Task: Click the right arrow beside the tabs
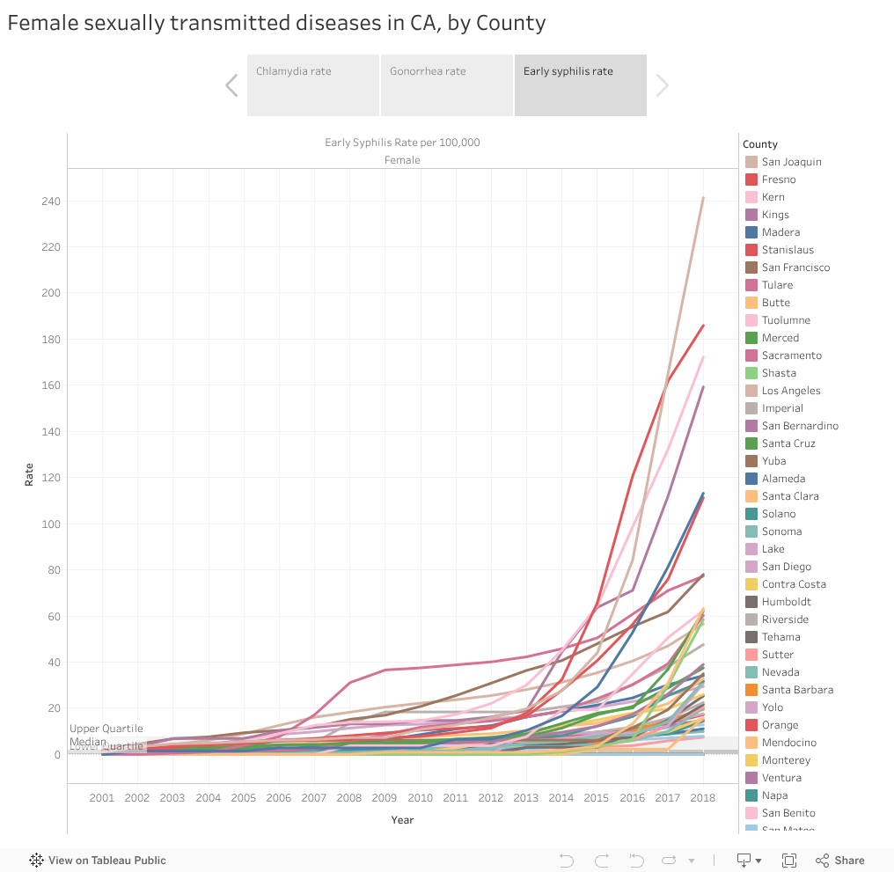[663, 85]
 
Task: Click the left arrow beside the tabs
[231, 85]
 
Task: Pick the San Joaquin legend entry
[791, 162]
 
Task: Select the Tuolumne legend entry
[786, 320]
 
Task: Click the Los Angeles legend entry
[791, 391]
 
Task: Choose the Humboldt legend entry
[787, 602]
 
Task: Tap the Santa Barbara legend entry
[797, 690]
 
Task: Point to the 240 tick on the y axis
[49, 202]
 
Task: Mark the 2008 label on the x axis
[349, 797]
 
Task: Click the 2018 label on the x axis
[703, 797]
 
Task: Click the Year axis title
[402, 820]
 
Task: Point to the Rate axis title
[29, 474]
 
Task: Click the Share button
[840, 861]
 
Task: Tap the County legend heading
[760, 144]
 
